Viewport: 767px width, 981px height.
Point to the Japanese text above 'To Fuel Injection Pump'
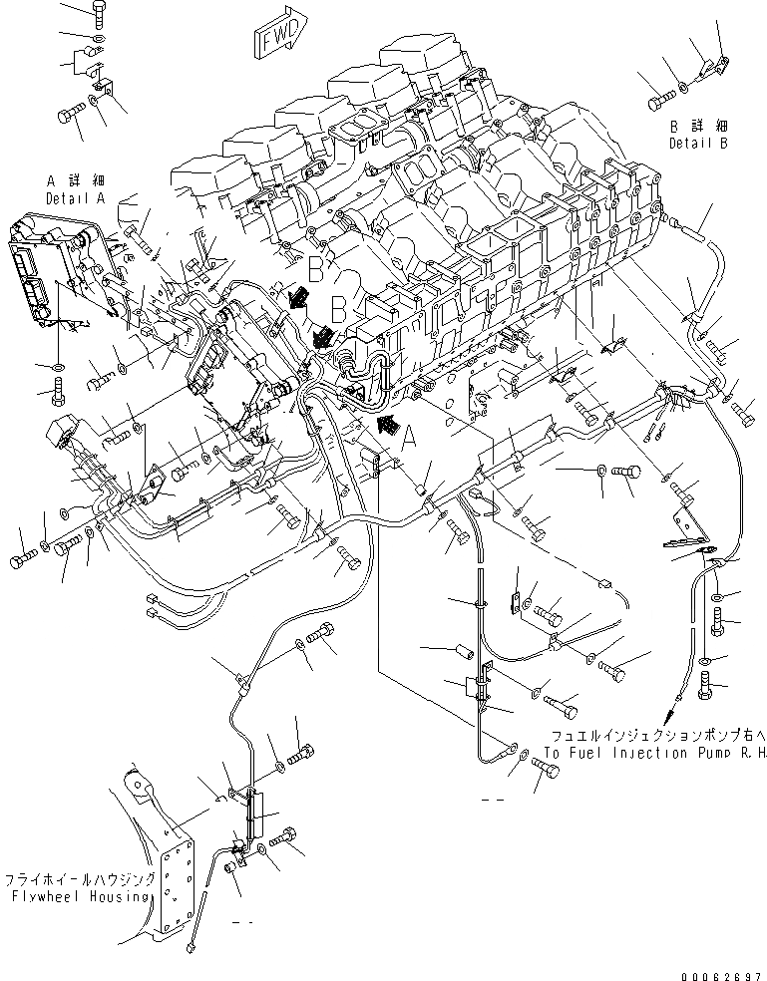tap(654, 738)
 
